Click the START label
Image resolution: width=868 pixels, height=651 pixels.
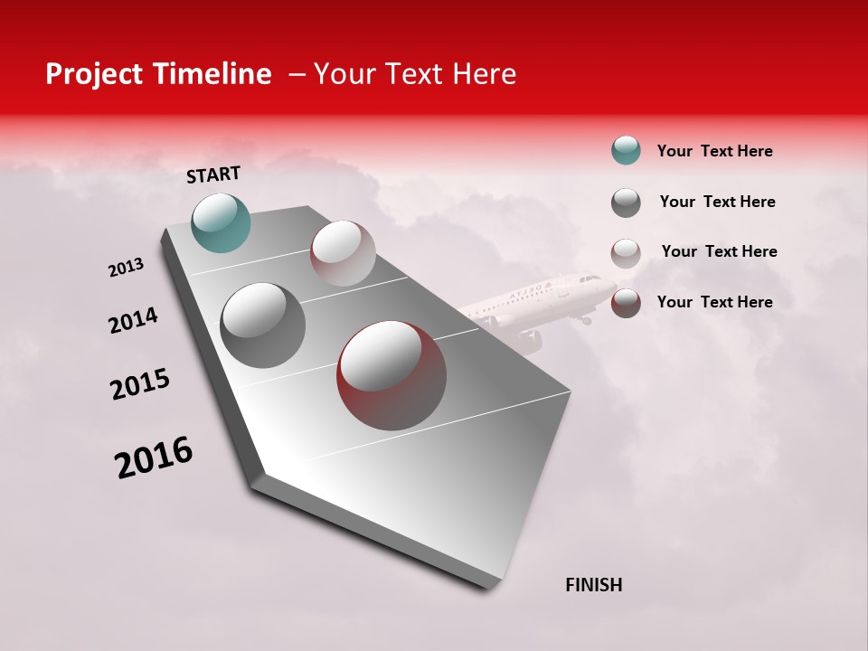pyautogui.click(x=213, y=175)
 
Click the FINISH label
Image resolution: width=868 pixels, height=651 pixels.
pyautogui.click(x=593, y=585)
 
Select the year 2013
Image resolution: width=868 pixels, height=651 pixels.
pyautogui.click(x=127, y=268)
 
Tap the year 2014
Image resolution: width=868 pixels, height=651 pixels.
pyautogui.click(x=133, y=320)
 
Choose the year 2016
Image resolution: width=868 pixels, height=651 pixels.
pyautogui.click(x=155, y=458)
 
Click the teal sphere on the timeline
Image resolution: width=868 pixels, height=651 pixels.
pyautogui.click(x=221, y=222)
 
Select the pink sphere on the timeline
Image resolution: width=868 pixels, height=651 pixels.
pyautogui.click(x=343, y=253)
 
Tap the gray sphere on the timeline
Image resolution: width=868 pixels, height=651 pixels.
pyautogui.click(x=263, y=325)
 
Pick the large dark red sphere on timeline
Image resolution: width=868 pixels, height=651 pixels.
pyautogui.click(x=392, y=375)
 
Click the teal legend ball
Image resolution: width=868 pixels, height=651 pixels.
pyautogui.click(x=626, y=151)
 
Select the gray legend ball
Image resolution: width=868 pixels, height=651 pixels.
pyautogui.click(x=626, y=203)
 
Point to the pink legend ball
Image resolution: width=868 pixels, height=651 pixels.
pyautogui.click(x=626, y=252)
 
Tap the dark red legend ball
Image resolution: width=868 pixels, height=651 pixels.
pyautogui.click(x=626, y=303)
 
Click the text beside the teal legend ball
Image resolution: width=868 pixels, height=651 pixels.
pyautogui.click(x=714, y=151)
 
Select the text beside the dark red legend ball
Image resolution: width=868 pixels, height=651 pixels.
pyautogui.click(x=714, y=302)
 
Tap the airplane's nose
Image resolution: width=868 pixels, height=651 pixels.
pyautogui.click(x=598, y=281)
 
